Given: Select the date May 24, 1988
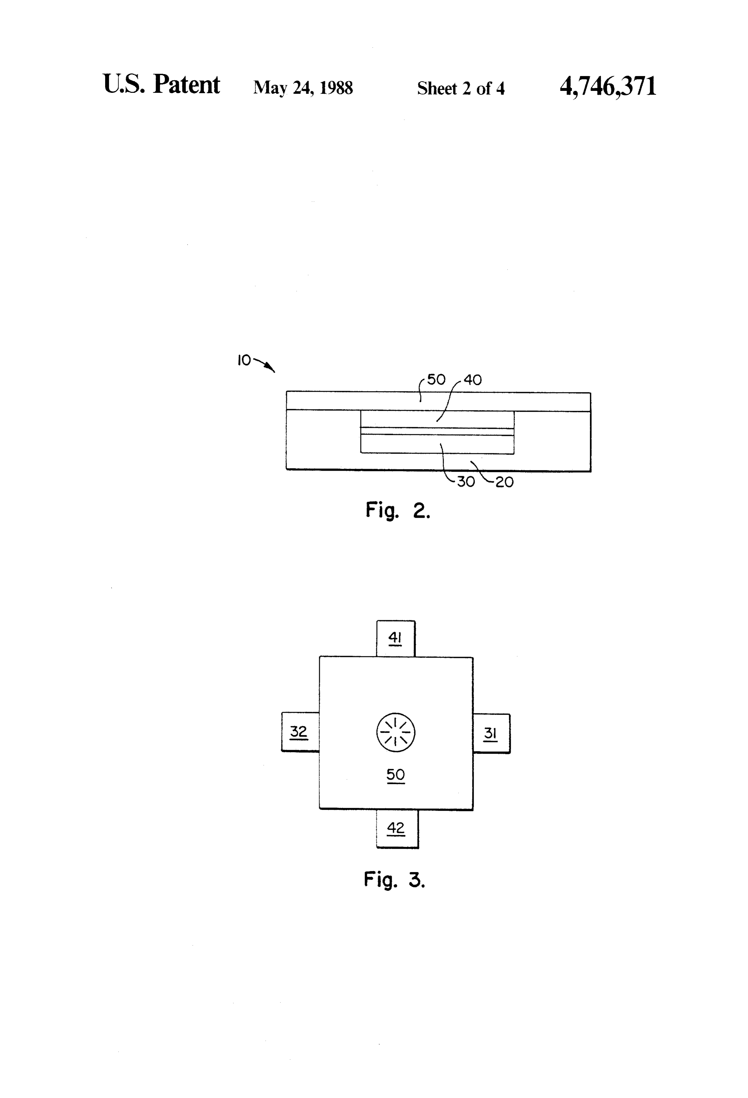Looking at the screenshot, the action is (x=303, y=88).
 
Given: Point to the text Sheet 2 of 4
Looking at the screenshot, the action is (x=460, y=88).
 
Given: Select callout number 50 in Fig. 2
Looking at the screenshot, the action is (x=436, y=380).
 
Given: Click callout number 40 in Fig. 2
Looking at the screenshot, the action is (x=472, y=380).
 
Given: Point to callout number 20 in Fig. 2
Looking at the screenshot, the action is (x=505, y=482).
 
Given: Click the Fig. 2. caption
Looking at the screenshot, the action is (x=398, y=511).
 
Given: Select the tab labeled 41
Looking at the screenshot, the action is (x=396, y=638).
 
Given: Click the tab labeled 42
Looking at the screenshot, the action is (x=397, y=829).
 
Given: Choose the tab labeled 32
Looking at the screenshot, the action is (x=300, y=732).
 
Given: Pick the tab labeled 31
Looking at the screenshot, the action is (x=491, y=733).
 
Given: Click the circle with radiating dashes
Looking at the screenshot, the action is (x=396, y=732).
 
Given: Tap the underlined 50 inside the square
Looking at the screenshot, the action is (x=396, y=775).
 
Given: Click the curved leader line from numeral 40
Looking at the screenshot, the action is (x=448, y=399).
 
